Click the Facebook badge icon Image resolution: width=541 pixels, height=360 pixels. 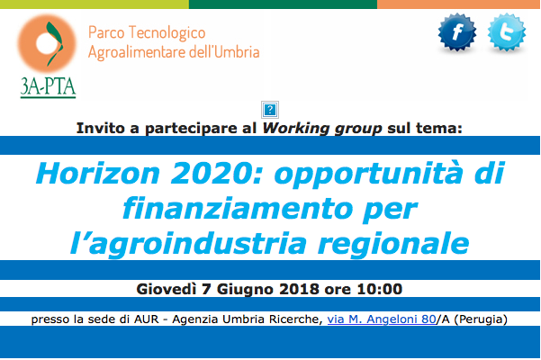(457, 32)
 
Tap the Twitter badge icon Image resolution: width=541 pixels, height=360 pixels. (507, 32)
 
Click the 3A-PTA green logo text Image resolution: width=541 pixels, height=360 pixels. (48, 87)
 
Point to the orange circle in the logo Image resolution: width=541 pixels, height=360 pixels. (47, 43)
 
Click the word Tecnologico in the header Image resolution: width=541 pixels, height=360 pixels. (167, 33)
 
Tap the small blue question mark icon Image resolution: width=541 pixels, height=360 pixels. (270, 110)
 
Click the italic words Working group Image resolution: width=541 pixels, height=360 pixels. (322, 129)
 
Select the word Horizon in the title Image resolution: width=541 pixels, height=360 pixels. (98, 173)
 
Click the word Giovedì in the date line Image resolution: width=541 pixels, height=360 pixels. (167, 289)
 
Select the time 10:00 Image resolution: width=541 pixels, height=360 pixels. (380, 289)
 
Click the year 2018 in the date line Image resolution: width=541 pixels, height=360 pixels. (299, 289)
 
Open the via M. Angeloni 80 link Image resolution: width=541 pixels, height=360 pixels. (382, 319)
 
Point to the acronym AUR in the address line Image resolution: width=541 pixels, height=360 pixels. (147, 319)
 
